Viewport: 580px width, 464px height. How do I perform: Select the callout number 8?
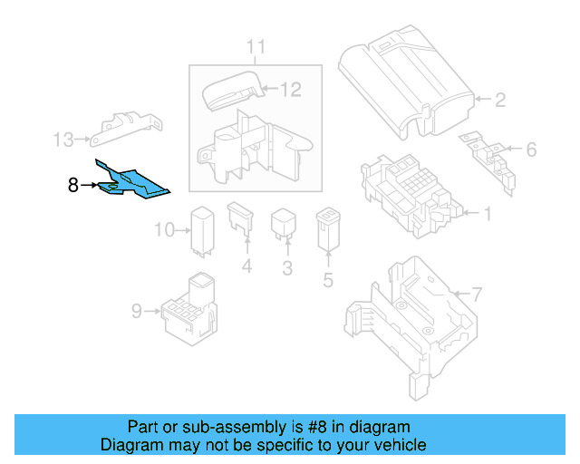click(x=73, y=185)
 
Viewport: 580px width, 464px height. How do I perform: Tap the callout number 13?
click(x=63, y=140)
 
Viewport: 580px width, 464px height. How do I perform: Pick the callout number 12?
click(x=290, y=89)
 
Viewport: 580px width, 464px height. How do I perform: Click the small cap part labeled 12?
click(x=232, y=91)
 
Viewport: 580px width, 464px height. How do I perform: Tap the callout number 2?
click(x=499, y=100)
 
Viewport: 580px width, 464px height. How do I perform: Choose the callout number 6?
click(x=531, y=149)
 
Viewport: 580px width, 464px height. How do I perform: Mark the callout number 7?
click(x=478, y=294)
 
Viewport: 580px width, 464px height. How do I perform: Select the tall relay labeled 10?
click(x=201, y=230)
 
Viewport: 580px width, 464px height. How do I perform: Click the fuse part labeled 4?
click(x=243, y=223)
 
